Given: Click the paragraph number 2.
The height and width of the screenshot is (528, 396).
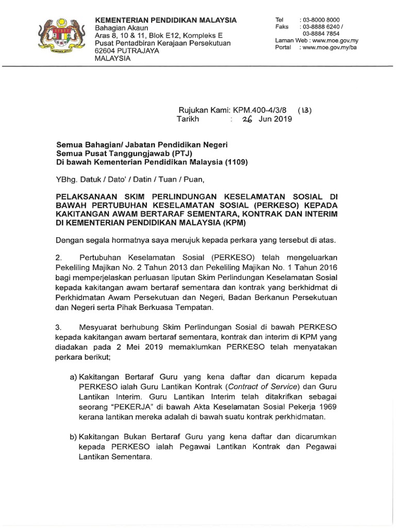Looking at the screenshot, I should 58,256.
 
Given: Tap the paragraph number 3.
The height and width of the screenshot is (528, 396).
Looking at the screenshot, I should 58,327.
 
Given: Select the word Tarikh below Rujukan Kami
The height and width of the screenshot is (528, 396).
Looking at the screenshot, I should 188,119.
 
